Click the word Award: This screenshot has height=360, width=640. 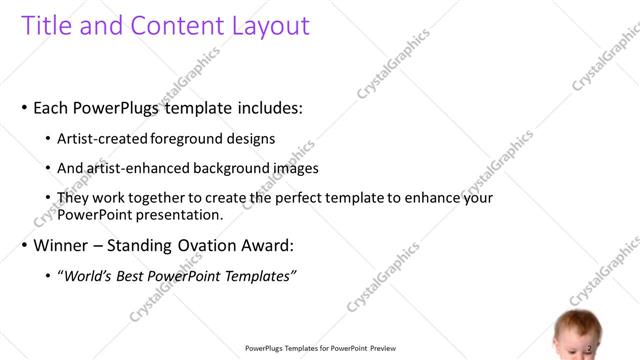[x=267, y=245]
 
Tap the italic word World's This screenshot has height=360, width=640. [x=88, y=276]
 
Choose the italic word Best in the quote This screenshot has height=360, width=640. [x=131, y=276]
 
